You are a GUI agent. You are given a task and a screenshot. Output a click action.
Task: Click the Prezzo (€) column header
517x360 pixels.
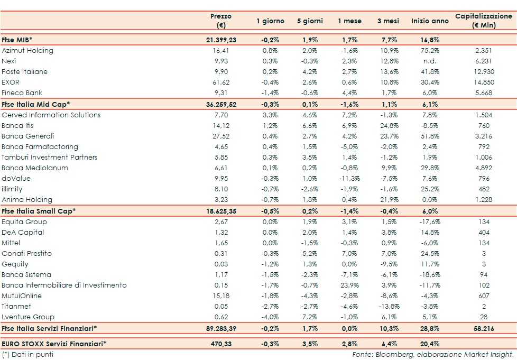tap(221, 21)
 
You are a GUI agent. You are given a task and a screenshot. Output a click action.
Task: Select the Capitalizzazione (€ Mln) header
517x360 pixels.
tap(484, 21)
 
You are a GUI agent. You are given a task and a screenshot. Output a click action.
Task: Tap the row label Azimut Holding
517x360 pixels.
tap(27, 51)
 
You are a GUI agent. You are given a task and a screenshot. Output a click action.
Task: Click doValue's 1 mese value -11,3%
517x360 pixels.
tap(349, 178)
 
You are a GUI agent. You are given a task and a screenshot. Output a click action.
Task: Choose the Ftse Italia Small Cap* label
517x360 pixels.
tap(39, 210)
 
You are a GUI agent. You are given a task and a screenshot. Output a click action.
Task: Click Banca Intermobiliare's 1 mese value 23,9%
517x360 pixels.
tap(349, 285)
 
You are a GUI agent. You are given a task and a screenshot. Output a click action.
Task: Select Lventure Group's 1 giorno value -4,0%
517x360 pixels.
tap(270, 317)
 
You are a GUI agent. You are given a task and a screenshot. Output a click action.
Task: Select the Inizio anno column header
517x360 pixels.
tap(429, 21)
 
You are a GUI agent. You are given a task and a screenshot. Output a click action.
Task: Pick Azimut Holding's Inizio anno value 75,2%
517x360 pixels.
tap(429, 51)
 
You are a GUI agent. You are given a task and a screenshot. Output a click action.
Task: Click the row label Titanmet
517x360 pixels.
tap(17, 307)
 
